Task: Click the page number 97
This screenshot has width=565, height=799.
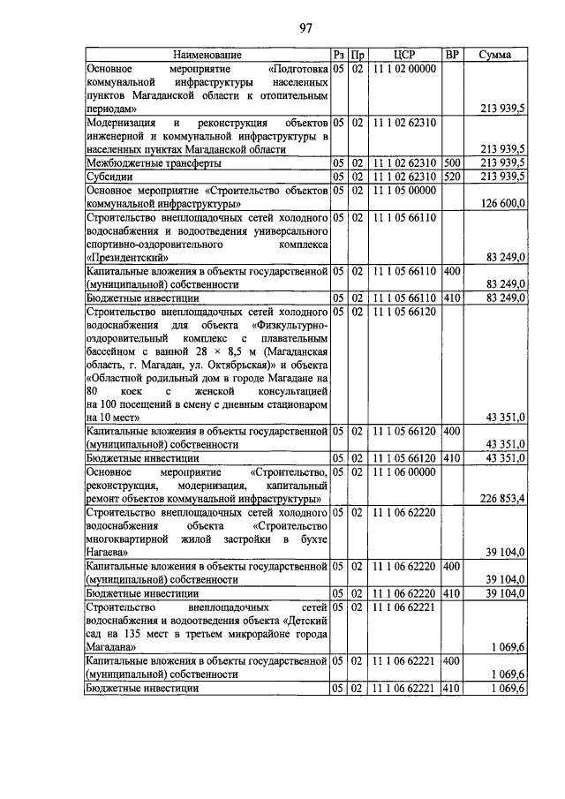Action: [307, 26]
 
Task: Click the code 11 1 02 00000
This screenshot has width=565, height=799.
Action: [405, 69]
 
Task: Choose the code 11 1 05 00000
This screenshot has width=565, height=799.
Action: [405, 190]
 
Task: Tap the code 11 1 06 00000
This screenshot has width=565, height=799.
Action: [405, 473]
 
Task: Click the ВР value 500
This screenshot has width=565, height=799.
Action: [452, 163]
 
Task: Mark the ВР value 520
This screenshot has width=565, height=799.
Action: [452, 177]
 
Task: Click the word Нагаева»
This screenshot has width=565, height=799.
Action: [108, 554]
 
